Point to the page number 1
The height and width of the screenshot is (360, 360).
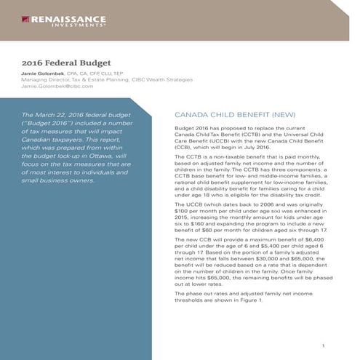(x=332, y=345)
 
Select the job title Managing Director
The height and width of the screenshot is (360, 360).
(x=43, y=80)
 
